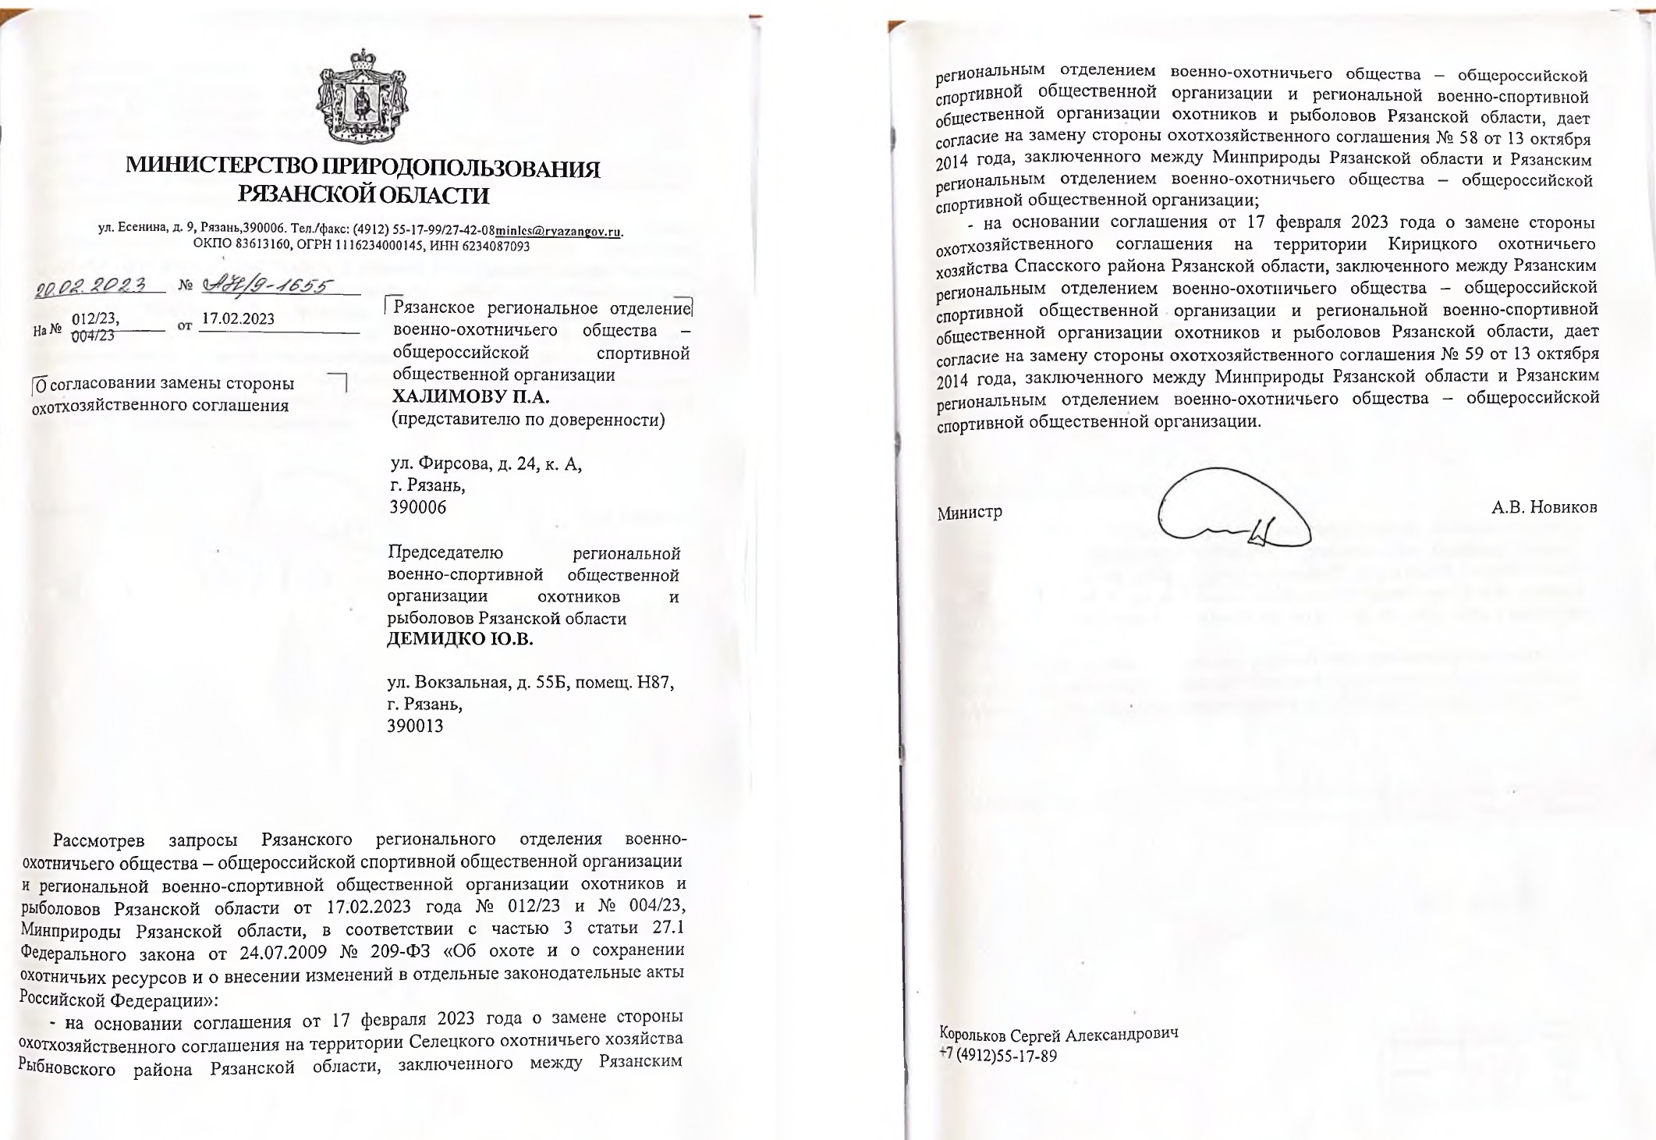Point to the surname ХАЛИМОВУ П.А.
470,396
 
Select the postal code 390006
418,508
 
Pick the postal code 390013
415,726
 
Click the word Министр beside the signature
970,513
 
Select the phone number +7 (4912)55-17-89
998,1057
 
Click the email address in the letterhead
559,232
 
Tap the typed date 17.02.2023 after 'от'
238,319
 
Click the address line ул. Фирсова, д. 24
485,464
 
